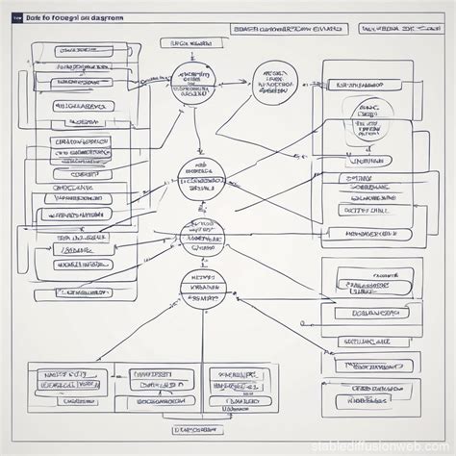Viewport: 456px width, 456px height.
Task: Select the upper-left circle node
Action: pyautogui.click(x=196, y=86)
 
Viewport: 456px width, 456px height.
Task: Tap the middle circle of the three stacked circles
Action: pyautogui.click(x=202, y=236)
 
